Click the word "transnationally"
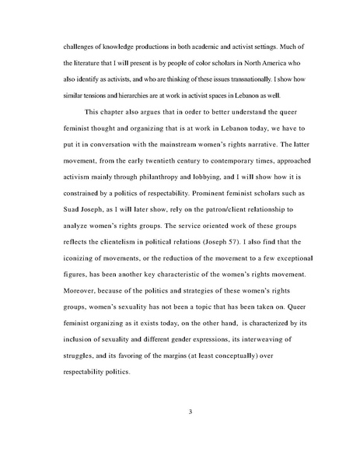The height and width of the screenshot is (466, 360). (x=240, y=79)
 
